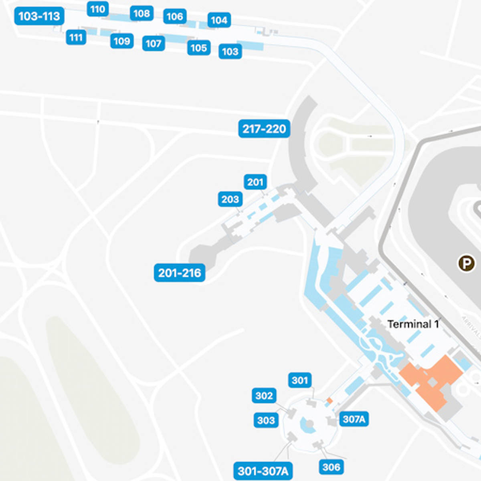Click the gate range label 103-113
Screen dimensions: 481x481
point(39,16)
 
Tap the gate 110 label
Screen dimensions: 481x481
point(97,9)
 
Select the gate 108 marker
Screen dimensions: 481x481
point(141,14)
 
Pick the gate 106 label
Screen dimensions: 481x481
point(175,16)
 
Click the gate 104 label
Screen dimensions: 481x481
point(219,20)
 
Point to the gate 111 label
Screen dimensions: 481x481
point(76,38)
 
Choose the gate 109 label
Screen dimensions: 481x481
point(122,41)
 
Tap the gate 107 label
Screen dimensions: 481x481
point(154,43)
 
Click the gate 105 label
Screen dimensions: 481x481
point(198,48)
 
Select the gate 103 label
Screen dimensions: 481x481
point(230,52)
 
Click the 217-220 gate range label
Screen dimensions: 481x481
point(264,129)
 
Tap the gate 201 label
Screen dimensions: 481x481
point(255,182)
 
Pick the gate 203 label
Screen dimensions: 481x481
point(230,199)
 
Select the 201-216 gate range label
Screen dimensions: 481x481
point(180,273)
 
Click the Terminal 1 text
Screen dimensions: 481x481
point(413,324)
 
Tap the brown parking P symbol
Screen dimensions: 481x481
point(466,263)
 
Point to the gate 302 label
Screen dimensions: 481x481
point(264,396)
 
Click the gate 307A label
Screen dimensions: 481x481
point(354,419)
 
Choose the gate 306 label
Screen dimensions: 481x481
point(331,467)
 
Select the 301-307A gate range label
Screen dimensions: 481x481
point(263,471)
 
